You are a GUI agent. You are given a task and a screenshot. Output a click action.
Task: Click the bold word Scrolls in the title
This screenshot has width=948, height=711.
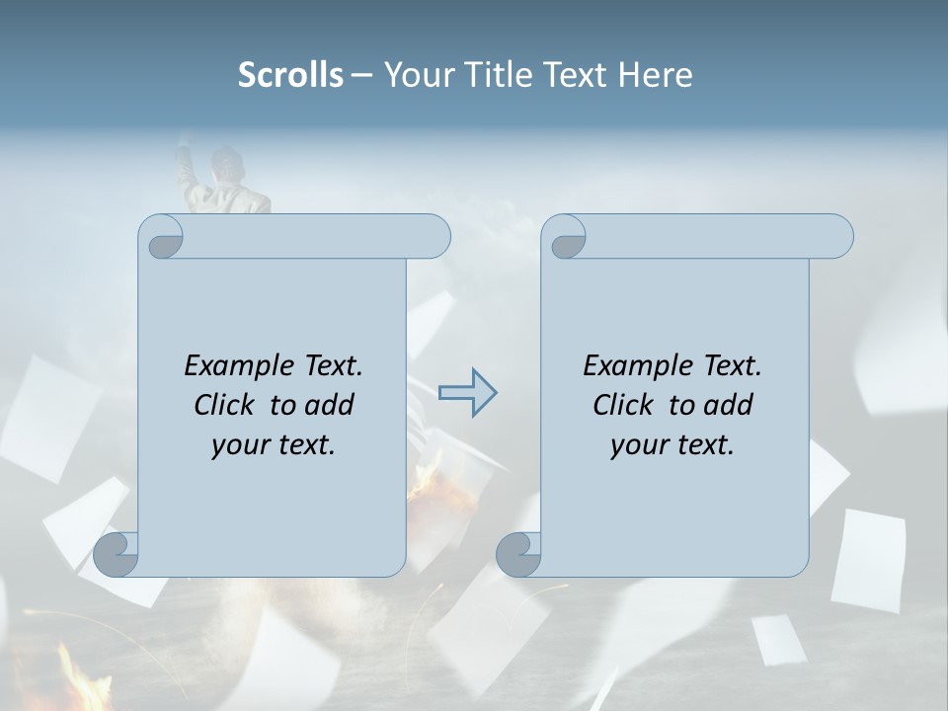click(291, 75)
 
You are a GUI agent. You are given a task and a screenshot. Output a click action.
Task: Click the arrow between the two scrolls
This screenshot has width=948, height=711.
click(467, 392)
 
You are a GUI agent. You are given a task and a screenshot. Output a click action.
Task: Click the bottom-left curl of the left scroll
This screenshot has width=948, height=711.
click(117, 555)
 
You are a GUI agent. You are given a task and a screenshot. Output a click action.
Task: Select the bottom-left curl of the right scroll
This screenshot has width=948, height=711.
click(519, 555)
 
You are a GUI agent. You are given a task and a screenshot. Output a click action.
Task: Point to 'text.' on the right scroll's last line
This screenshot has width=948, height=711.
click(703, 445)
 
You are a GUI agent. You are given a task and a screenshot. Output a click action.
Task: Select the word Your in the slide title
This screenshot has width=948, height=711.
click(412, 75)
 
